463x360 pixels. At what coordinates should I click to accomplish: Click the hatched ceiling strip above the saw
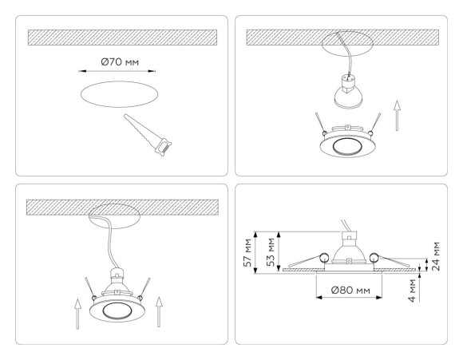pyautogui.click(x=122, y=37)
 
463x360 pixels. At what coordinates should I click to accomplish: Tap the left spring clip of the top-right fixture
pyautogui.click(x=319, y=121)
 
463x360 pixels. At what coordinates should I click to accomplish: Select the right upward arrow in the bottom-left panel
pyautogui.click(x=160, y=312)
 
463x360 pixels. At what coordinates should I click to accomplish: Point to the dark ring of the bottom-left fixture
pyautogui.click(x=117, y=310)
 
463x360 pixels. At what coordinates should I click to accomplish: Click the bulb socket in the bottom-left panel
pyautogui.click(x=117, y=279)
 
